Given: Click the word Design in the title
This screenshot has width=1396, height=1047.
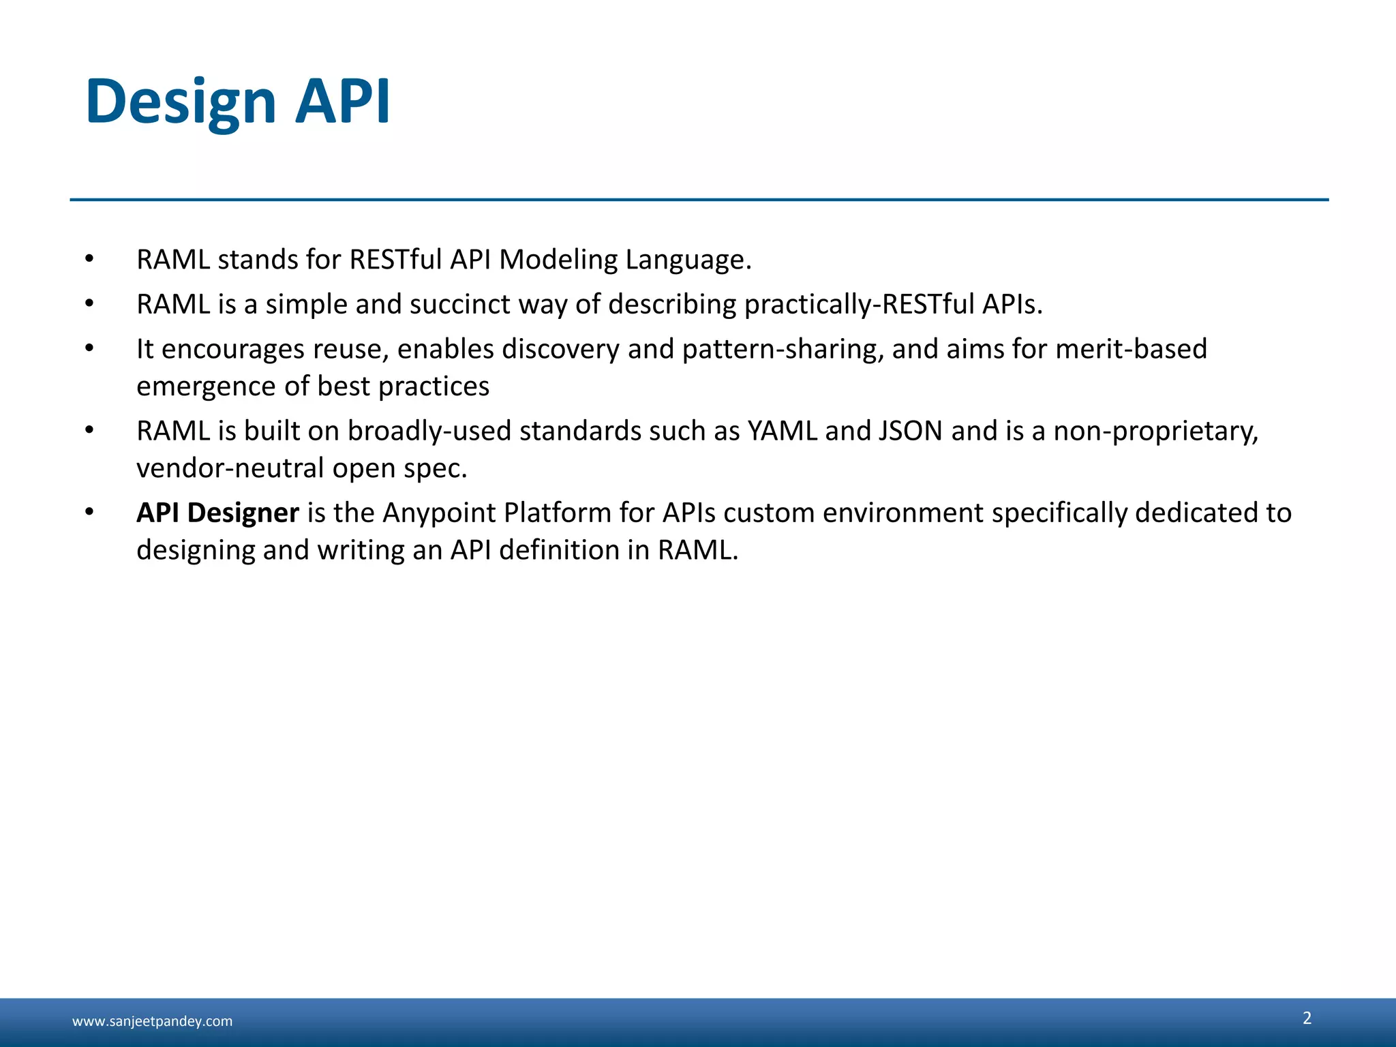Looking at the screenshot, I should [x=181, y=102].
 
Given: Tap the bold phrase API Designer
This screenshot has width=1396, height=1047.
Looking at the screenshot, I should [x=217, y=513].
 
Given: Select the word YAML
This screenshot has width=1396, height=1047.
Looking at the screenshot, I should [x=782, y=431].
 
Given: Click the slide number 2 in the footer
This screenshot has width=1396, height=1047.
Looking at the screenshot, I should [x=1307, y=1018].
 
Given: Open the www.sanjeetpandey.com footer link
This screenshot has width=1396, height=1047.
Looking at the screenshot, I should [x=152, y=1021].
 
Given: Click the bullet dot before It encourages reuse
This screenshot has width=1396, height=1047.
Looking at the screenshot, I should [x=89, y=348].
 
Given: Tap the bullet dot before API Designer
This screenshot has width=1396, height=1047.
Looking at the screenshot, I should [x=89, y=512].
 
